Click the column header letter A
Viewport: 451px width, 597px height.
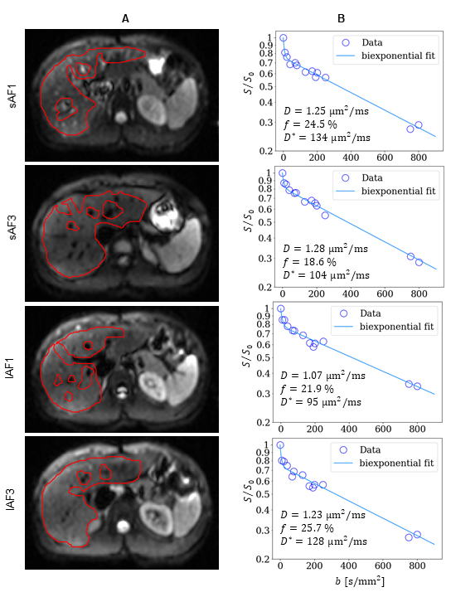[125, 18]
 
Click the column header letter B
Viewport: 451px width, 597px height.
[341, 18]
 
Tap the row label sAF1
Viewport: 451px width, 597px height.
[12, 96]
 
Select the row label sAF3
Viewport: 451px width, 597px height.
[12, 227]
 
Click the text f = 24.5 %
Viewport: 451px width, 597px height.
[310, 124]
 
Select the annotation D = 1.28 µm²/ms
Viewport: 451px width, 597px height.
[326, 249]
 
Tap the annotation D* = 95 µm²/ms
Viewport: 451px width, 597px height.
[321, 402]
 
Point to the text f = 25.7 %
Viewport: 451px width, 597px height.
[307, 528]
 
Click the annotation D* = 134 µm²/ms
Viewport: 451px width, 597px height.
[327, 138]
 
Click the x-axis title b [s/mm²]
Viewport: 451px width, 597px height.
[359, 581]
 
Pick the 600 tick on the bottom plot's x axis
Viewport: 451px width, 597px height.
[382, 565]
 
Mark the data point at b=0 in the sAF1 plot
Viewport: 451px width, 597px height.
[284, 37]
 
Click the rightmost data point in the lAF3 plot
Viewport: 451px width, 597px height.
[417, 535]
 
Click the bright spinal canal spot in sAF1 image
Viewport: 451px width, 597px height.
[121, 117]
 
